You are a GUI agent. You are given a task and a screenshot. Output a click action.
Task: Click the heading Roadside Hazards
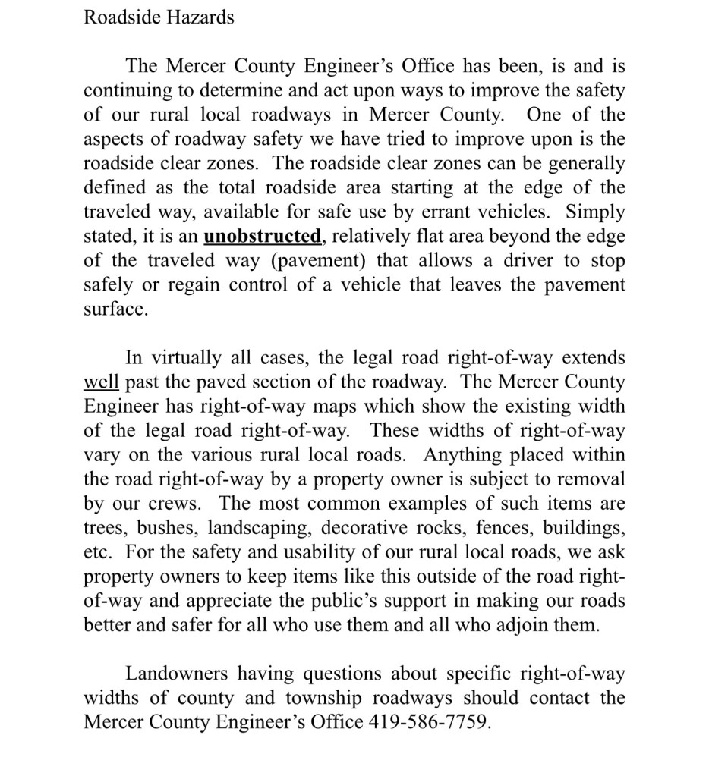coord(159,17)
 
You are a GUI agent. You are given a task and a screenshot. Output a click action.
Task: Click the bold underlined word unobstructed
coord(263,236)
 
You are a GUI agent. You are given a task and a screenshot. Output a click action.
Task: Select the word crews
coord(176,503)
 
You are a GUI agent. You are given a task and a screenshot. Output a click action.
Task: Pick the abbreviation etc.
coord(96,551)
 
